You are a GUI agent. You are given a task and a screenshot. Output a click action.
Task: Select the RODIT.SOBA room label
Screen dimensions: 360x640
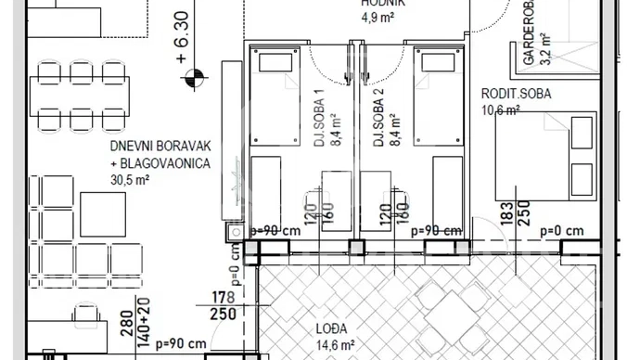coord(516,94)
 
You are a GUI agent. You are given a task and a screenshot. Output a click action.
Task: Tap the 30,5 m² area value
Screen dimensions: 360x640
coord(131,179)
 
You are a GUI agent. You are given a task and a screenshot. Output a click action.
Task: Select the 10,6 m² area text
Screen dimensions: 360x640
coord(500,109)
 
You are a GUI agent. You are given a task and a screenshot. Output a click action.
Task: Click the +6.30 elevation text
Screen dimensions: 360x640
coord(181,37)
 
